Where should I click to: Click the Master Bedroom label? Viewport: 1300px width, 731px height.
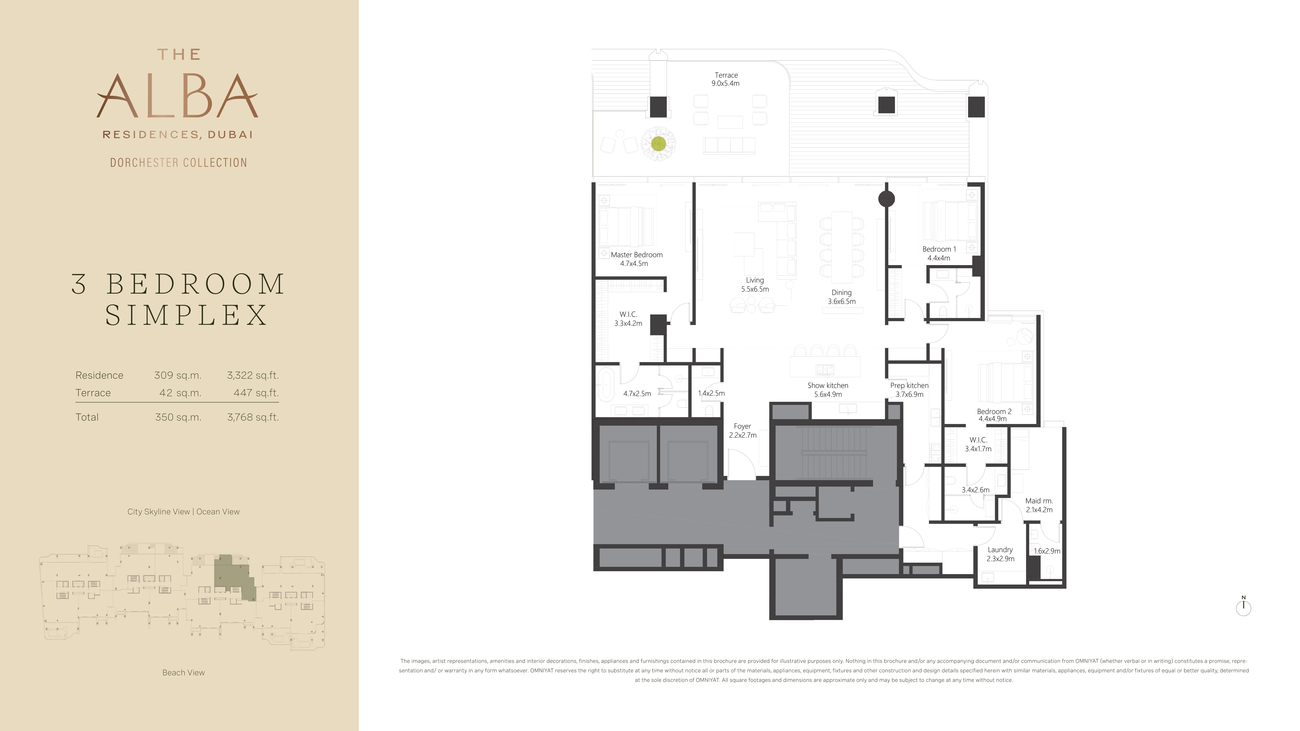(x=636, y=259)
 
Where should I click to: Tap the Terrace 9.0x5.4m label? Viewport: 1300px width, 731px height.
(x=726, y=79)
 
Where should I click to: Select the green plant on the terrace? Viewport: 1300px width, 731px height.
(x=658, y=144)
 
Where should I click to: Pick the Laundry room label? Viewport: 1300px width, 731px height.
(x=1000, y=554)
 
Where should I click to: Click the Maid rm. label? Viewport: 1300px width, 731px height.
(x=1039, y=505)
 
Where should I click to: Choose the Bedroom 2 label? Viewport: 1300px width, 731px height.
(x=994, y=415)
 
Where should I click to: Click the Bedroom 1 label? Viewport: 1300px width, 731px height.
(x=939, y=253)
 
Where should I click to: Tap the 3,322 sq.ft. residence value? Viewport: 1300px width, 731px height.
(x=253, y=375)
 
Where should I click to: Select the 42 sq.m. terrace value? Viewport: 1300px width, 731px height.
(x=180, y=393)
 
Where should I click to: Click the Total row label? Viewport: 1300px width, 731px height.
(x=87, y=417)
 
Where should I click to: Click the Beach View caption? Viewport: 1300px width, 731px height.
(x=184, y=673)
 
